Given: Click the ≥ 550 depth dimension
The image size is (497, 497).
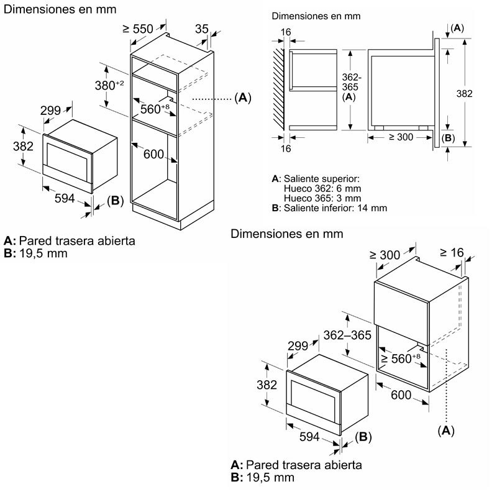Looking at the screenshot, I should pos(138,29).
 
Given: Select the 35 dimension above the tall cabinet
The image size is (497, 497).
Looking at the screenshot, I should pos(201,29).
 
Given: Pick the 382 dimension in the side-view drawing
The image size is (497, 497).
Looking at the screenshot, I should pos(463,94).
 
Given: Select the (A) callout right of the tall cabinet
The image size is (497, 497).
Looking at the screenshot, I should pos(242,98).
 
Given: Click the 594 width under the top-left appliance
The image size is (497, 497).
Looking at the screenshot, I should pos(65,198).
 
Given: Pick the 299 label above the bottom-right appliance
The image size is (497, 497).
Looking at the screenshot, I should pos(298,345).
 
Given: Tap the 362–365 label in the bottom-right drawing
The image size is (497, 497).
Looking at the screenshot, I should pos(347,335).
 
